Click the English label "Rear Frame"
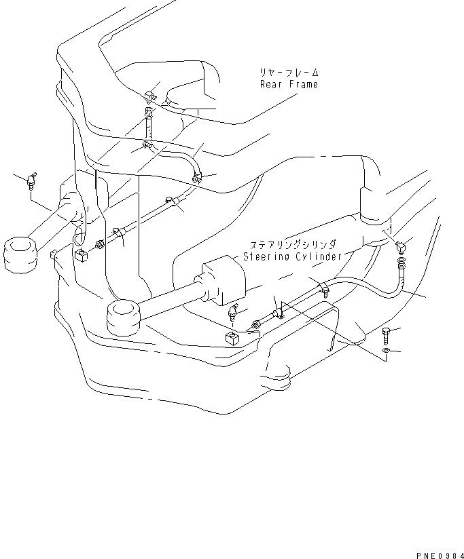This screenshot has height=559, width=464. click(x=289, y=85)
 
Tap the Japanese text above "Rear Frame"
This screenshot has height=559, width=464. click(x=289, y=73)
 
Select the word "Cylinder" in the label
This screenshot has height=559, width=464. click(x=319, y=256)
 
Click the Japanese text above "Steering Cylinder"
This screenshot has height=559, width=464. click(x=293, y=245)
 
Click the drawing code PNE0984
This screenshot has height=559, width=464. click(x=440, y=555)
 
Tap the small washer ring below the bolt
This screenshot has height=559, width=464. click(x=386, y=351)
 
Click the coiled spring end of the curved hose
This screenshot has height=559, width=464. click(x=402, y=263)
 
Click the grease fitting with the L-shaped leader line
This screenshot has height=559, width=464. click(x=31, y=180)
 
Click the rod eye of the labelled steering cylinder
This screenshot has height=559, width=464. click(x=124, y=318)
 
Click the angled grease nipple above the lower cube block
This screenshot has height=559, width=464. click(x=233, y=311)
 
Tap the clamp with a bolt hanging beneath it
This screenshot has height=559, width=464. click(x=324, y=288)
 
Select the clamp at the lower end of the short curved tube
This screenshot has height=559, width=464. click(x=197, y=177)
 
